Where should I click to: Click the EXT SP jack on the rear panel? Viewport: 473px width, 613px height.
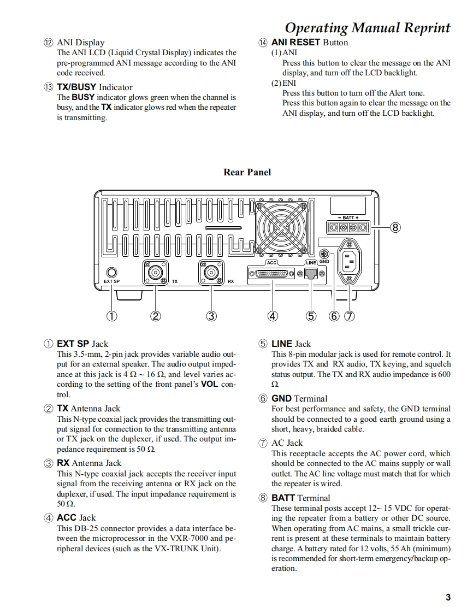pos(112,272)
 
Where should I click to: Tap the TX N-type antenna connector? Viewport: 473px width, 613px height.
pos(155,272)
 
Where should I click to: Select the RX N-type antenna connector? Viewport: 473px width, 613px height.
pos(211,272)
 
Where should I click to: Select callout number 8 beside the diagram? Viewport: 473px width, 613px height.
pos(396,227)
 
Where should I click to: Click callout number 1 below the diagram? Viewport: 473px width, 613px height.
pos(112,315)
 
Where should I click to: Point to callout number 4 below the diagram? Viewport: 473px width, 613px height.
pos(272,315)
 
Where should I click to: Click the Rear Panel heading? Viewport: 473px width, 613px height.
pos(247,172)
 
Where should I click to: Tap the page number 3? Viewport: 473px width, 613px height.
pos(448,597)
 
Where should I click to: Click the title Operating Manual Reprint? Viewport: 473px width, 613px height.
pos(368,28)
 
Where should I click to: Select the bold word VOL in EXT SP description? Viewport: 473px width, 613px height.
pos(210,384)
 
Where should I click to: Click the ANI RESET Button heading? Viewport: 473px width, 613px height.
pos(309,43)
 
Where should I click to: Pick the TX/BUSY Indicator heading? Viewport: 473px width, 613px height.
pos(94,87)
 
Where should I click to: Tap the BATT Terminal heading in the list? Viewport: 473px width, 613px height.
pos(300,498)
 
